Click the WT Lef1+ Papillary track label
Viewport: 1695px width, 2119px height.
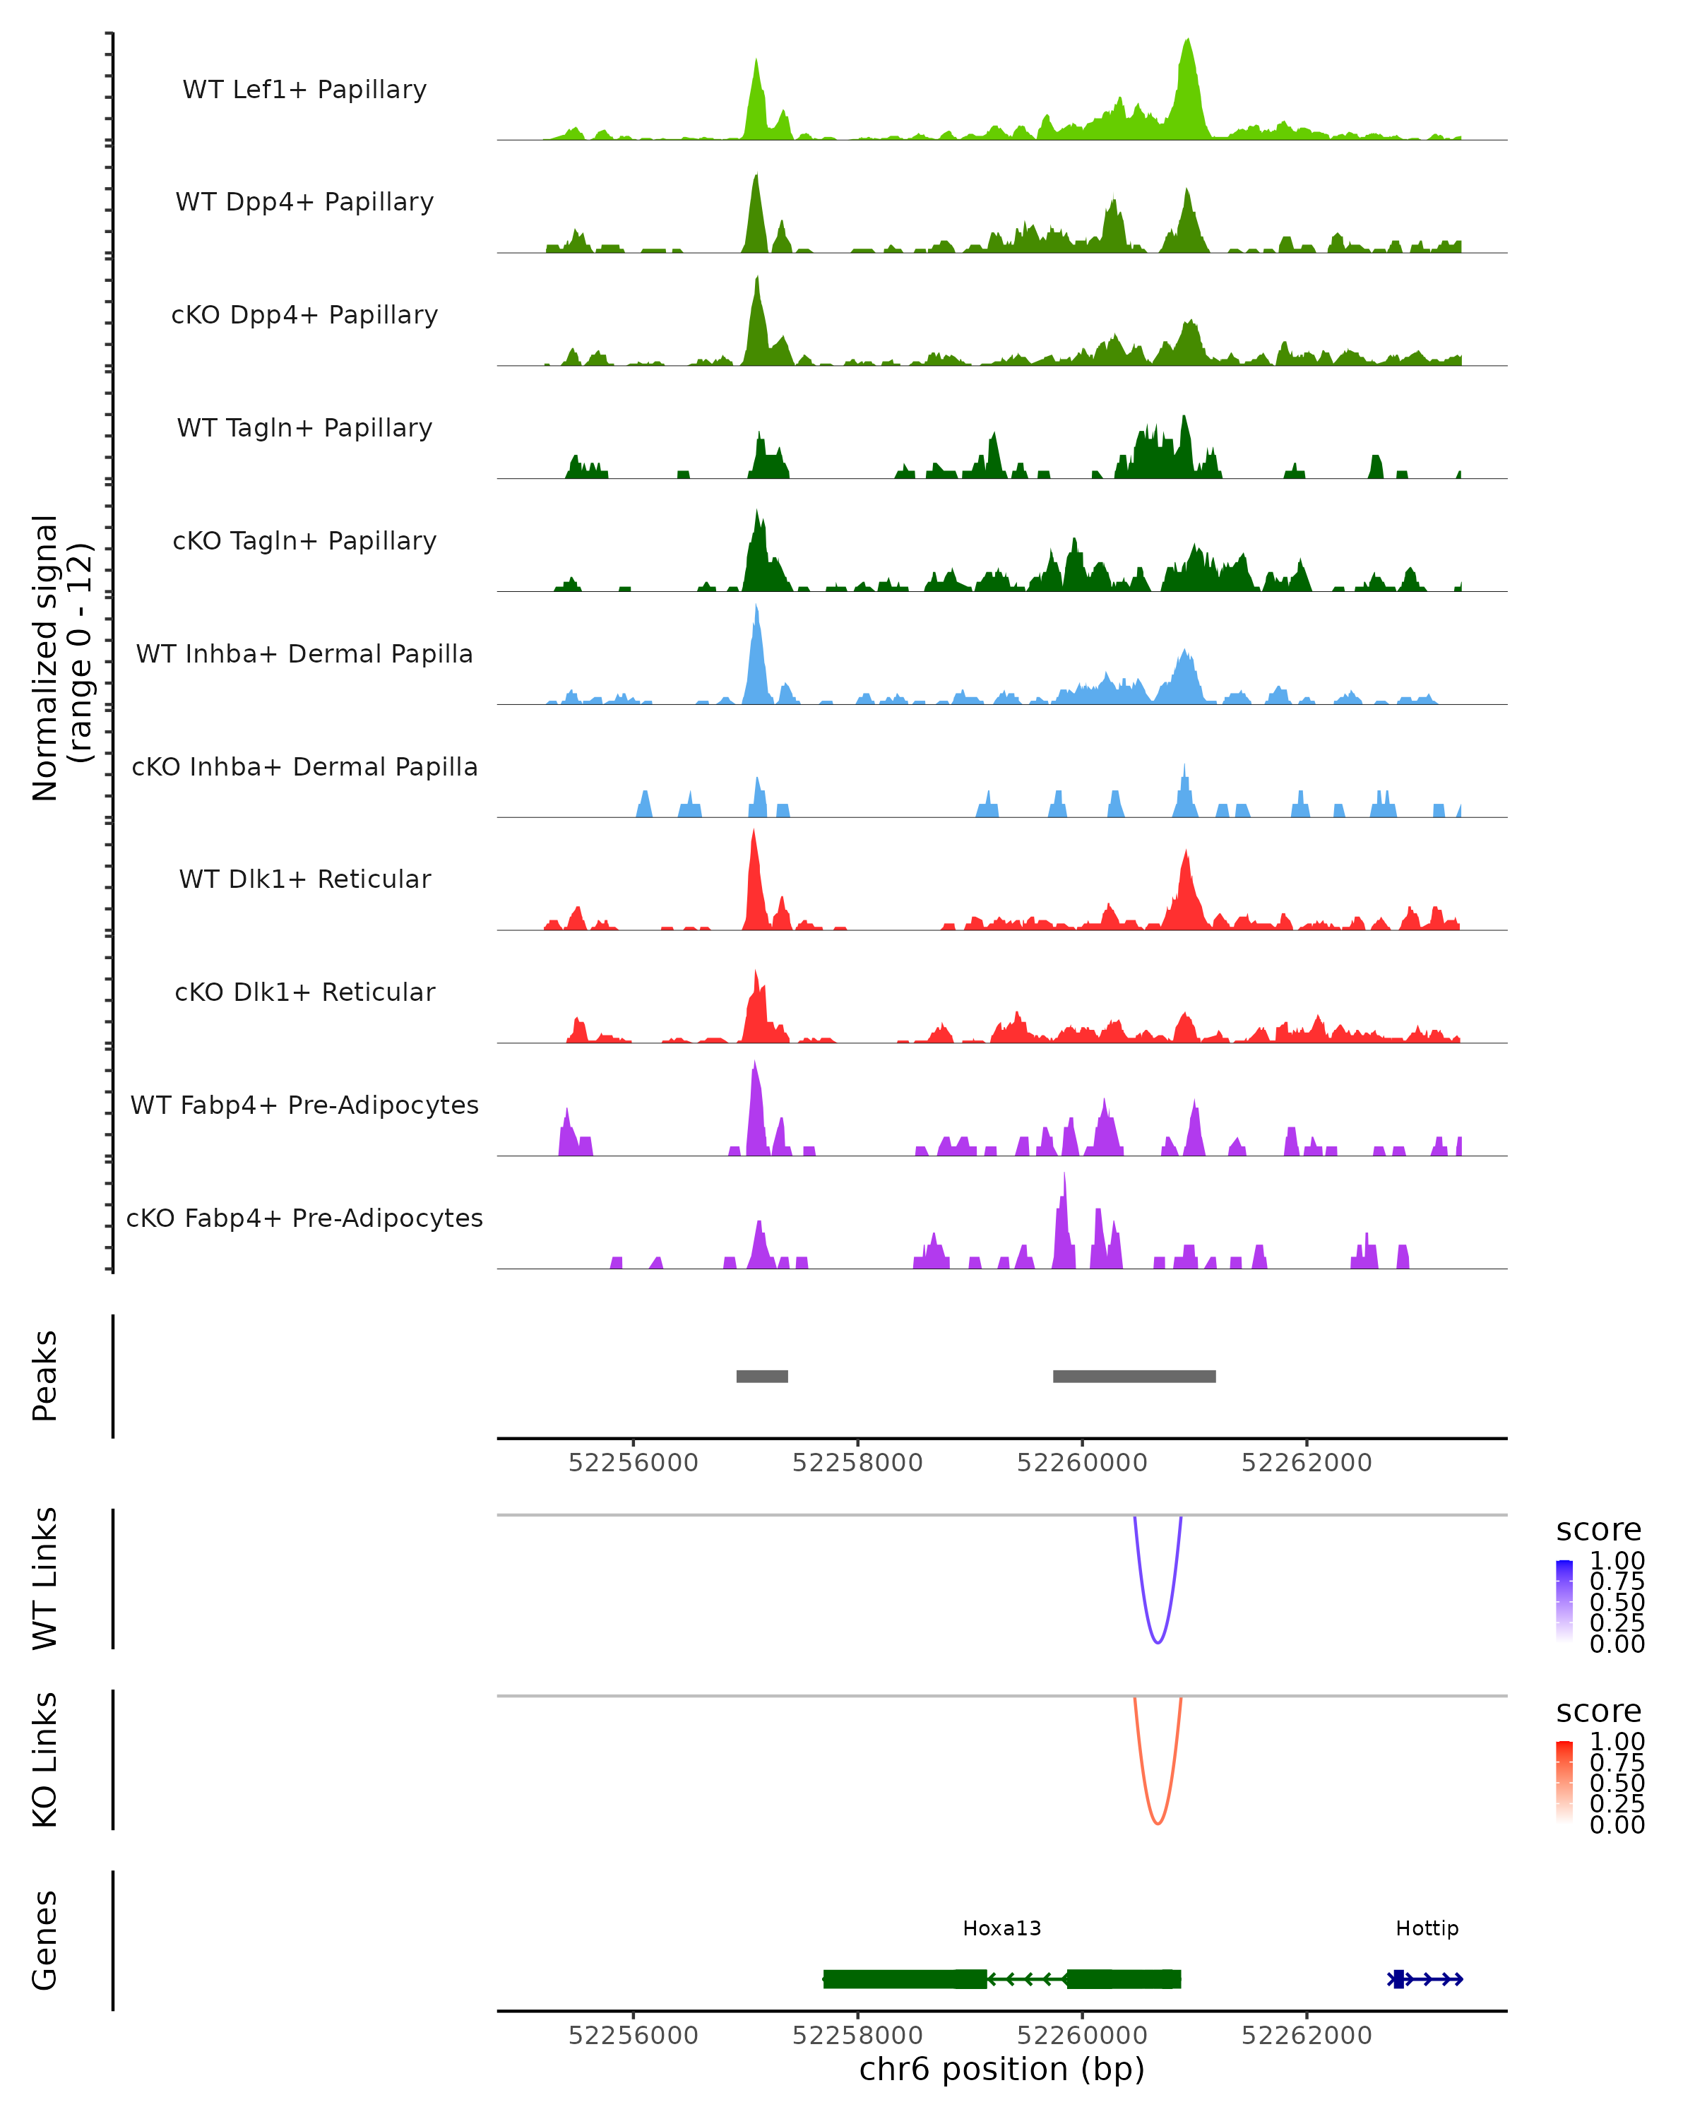tap(304, 90)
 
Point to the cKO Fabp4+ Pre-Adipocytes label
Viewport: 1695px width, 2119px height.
tap(304, 1218)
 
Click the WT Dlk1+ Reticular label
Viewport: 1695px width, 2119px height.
tap(304, 879)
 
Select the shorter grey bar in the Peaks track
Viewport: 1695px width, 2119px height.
tap(761, 1376)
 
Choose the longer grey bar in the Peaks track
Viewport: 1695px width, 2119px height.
tap(1134, 1376)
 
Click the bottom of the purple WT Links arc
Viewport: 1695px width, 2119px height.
tap(1158, 1642)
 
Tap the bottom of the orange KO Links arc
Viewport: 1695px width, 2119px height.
tap(1158, 1823)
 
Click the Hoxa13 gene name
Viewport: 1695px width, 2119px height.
tap(1001, 1928)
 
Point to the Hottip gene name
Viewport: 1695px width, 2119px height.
tap(1427, 1928)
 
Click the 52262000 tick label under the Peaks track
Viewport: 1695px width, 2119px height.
tap(1306, 1463)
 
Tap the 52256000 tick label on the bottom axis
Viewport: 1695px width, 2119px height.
tap(633, 2036)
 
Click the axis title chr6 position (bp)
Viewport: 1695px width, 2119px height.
tap(1001, 2070)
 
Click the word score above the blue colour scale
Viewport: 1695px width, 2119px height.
tap(1599, 1531)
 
